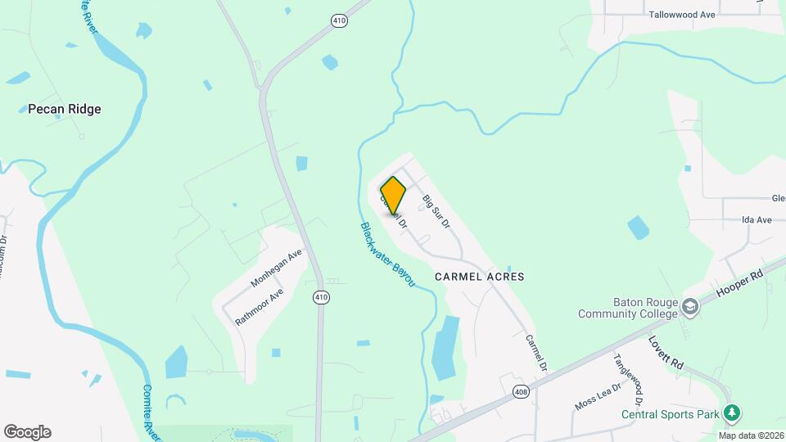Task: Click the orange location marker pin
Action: click(x=393, y=195)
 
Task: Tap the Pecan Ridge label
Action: click(x=65, y=109)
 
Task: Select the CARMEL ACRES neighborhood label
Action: click(x=479, y=277)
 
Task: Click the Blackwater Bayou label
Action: click(x=387, y=254)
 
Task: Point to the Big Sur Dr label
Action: click(x=436, y=211)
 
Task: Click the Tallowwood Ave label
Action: click(x=682, y=15)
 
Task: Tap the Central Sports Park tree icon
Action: click(x=734, y=413)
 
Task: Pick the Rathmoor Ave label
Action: click(x=260, y=307)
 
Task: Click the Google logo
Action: click(x=27, y=432)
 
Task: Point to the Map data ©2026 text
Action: click(x=751, y=435)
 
